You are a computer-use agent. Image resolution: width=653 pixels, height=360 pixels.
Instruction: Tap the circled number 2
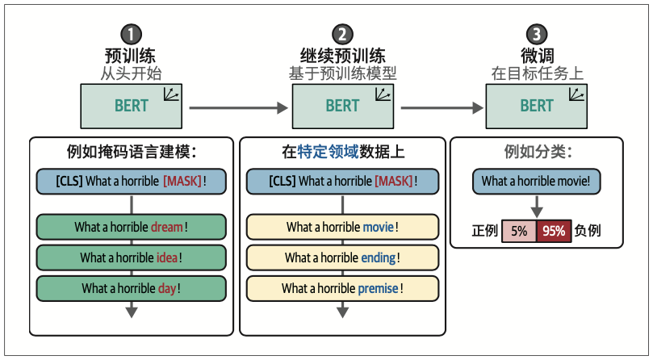[x=343, y=34]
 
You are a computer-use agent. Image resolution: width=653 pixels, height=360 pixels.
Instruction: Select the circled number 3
[x=537, y=34]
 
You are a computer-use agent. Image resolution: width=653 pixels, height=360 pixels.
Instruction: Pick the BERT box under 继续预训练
[x=343, y=106]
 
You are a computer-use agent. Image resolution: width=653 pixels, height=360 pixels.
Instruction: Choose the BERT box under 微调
[x=537, y=106]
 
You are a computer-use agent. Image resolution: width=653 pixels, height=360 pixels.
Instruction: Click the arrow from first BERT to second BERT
[x=238, y=107]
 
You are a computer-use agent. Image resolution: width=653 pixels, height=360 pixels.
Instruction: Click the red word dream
[x=166, y=227]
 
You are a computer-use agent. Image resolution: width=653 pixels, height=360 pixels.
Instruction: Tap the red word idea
[x=166, y=257]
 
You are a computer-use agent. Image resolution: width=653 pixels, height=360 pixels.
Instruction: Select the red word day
[x=168, y=288]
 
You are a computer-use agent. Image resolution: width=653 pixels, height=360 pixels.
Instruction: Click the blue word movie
[x=378, y=227]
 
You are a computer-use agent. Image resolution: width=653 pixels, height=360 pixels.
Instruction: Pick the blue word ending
[x=379, y=257]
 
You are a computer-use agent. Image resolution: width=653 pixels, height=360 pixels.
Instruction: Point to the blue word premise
[x=379, y=288]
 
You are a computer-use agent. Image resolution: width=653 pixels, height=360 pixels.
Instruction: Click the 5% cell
[x=518, y=231]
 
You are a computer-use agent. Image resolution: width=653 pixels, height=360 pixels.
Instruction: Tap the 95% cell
[x=554, y=231]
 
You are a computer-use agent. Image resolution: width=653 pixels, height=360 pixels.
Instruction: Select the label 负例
[x=588, y=231]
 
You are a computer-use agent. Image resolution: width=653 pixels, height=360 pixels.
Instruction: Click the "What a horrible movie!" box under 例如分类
[x=537, y=182]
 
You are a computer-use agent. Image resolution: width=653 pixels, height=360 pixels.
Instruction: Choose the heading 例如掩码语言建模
[x=132, y=151]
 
